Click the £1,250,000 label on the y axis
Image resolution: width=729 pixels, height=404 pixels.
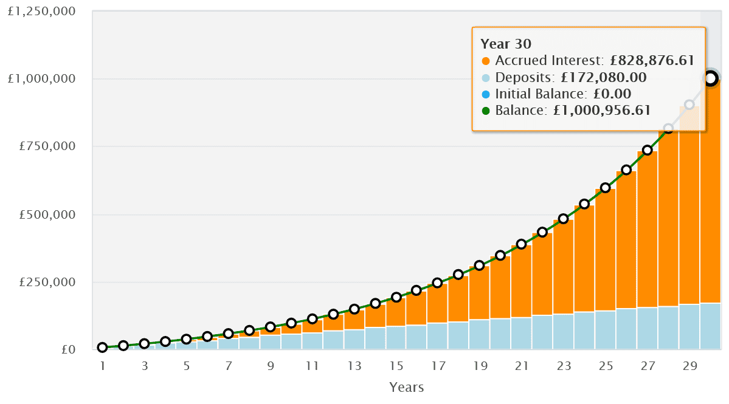(42, 11)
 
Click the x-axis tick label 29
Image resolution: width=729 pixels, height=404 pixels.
(689, 366)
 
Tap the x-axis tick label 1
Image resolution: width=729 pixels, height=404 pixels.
(103, 366)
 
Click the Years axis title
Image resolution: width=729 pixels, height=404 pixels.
(406, 387)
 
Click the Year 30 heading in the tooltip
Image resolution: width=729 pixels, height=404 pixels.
(506, 44)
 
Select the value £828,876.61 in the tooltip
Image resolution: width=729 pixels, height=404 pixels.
(652, 61)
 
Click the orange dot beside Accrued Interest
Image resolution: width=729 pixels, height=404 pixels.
(485, 61)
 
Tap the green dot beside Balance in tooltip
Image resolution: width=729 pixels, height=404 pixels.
(485, 110)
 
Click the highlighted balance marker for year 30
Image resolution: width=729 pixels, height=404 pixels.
(710, 78)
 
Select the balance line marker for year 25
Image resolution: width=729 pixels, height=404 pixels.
(606, 188)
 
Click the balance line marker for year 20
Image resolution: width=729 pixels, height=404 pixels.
(500, 255)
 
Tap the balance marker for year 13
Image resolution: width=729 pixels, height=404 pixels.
(354, 309)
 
